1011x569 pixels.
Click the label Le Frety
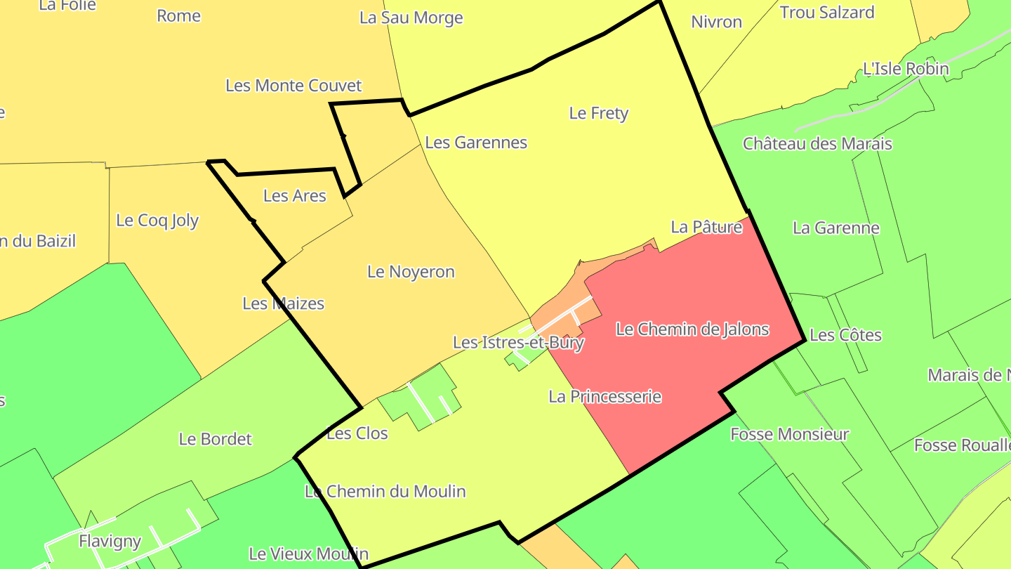[598, 113]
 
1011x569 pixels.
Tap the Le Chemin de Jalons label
[692, 329]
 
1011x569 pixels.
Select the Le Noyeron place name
[411, 272]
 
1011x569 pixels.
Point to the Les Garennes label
[476, 143]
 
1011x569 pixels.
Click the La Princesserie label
[604, 397]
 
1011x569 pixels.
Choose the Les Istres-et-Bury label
[518, 343]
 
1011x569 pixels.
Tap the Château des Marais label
[817, 144]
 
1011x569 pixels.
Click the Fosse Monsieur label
[790, 435]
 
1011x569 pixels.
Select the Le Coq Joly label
[157, 221]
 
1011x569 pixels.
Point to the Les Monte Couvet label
[293, 86]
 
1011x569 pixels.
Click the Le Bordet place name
[215, 439]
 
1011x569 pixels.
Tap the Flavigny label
[110, 542]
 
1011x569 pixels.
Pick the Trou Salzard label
[827, 13]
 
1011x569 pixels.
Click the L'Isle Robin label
[906, 69]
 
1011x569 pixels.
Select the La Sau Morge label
[411, 18]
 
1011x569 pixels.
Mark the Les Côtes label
[845, 335]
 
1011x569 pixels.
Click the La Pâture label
[706, 227]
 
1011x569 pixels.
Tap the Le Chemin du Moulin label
[385, 491]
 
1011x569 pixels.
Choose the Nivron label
[716, 22]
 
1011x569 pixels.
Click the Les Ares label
[295, 196]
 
